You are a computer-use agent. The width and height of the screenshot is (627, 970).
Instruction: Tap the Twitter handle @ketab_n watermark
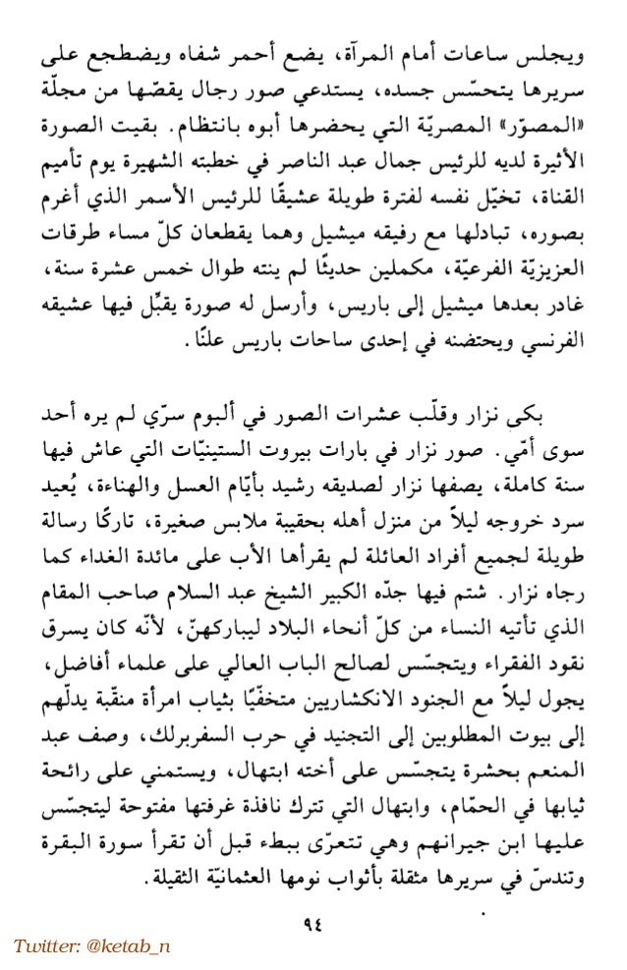[x=91, y=945]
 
